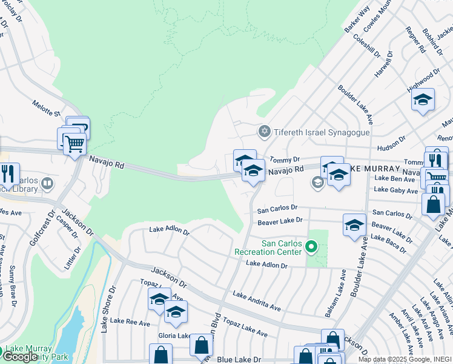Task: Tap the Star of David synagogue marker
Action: [264, 131]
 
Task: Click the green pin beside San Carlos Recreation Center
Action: [311, 247]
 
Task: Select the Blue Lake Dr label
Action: [239, 360]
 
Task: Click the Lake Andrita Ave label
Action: [256, 300]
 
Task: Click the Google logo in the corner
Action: [20, 357]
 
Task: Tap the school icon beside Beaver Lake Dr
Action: [354, 225]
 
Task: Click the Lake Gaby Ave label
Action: [396, 190]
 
